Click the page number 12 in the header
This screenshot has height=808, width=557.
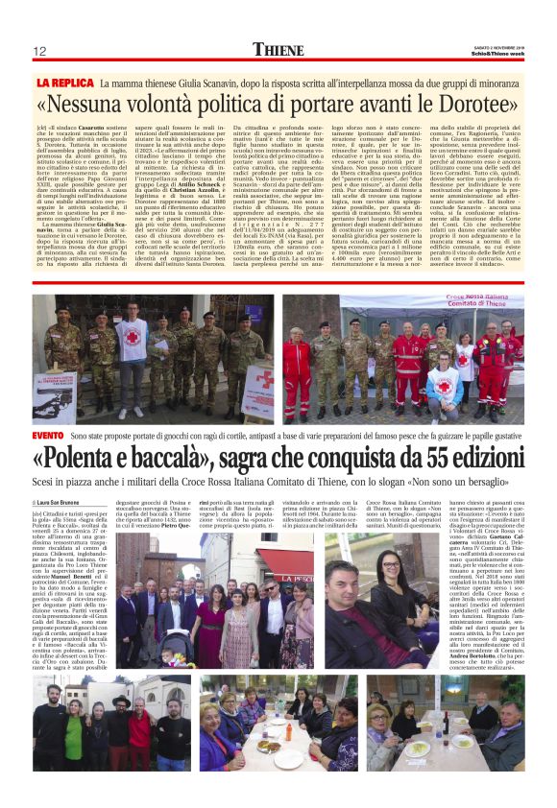coord(40,52)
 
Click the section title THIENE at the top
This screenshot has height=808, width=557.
coord(278,50)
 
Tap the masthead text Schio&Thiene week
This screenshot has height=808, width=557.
coord(495,53)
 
